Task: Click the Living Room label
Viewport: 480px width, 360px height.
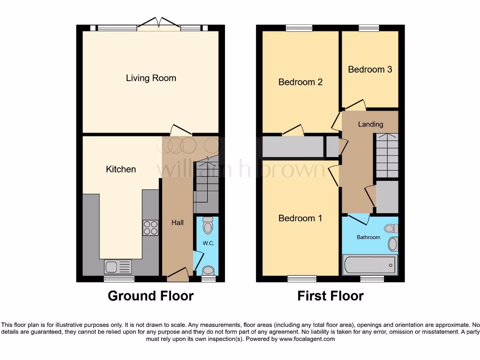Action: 151,78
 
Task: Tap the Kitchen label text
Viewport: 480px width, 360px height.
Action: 121,169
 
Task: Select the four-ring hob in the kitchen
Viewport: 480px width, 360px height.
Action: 150,227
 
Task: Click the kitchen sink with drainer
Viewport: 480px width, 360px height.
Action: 118,267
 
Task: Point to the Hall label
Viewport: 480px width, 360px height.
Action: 177,223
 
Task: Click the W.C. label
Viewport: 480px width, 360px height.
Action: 208,243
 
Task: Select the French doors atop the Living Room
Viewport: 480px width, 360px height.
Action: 158,24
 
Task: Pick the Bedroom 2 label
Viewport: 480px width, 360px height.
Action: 300,82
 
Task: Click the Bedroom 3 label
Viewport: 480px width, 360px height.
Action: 370,69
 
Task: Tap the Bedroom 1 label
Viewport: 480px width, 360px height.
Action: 300,218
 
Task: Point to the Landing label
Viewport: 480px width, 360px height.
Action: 370,124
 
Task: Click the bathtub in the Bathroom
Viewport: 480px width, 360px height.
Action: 370,265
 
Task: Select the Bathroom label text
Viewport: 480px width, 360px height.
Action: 368,237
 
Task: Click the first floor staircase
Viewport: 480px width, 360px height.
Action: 387,155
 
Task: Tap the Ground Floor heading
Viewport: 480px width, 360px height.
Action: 150,296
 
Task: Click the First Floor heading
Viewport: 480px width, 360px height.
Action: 330,296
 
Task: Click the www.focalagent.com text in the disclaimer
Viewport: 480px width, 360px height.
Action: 307,339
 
